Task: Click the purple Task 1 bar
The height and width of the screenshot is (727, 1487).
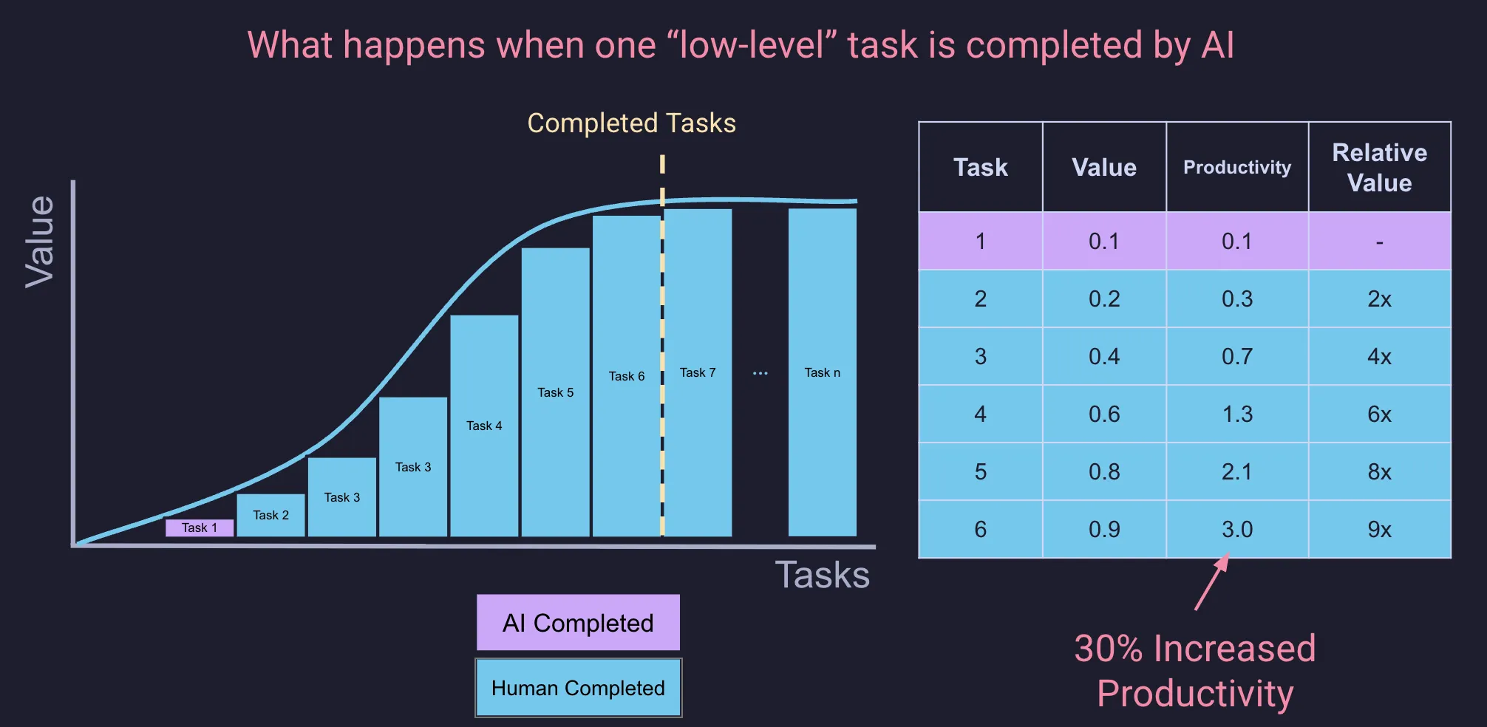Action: coord(200,528)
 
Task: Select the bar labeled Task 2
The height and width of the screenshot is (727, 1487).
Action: coord(270,515)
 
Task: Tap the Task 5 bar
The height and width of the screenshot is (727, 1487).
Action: coord(555,392)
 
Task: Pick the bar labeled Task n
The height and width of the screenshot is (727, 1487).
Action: coord(822,372)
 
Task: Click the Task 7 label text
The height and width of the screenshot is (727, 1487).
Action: coord(698,372)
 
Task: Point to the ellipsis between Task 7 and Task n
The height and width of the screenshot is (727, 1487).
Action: coord(760,373)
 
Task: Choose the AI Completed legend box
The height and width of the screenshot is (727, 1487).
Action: coord(578,623)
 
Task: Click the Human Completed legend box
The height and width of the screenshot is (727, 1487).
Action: coord(578,688)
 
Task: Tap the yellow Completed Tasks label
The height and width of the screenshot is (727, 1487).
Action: coord(631,123)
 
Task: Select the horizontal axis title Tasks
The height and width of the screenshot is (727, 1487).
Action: coord(822,575)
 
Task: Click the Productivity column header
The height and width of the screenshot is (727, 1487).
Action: coord(1236,168)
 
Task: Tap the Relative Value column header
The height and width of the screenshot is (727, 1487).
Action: coord(1379,168)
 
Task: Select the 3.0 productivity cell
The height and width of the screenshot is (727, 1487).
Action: coord(1236,529)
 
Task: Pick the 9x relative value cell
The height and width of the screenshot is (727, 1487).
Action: coord(1379,529)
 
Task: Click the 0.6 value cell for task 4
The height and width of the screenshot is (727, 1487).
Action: coord(1104,414)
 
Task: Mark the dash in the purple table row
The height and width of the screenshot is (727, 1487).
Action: coord(1379,242)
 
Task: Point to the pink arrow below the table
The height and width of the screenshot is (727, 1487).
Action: coord(1212,583)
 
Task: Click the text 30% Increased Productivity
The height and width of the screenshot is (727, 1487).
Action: coord(1194,671)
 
